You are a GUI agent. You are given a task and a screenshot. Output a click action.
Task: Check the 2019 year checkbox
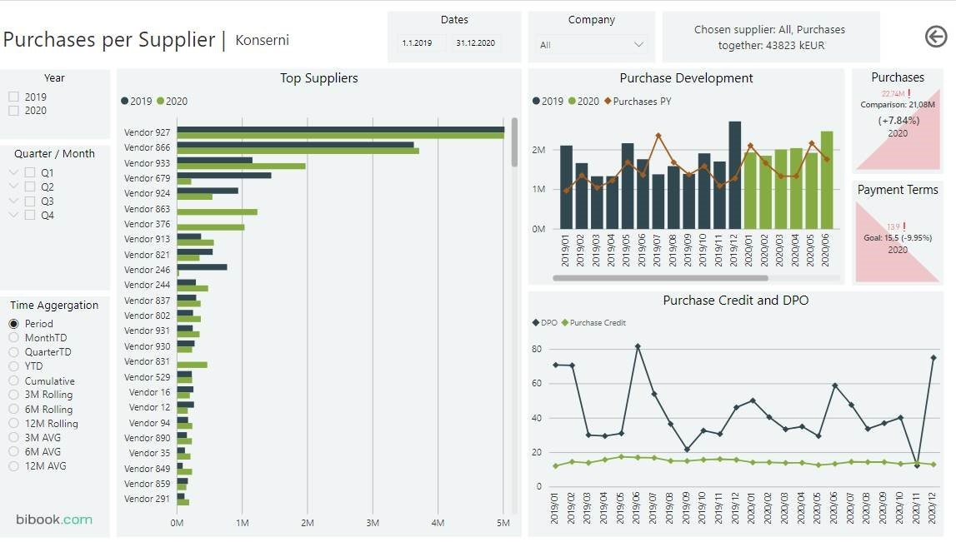(x=13, y=97)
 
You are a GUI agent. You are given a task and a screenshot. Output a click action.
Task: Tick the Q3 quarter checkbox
(x=30, y=201)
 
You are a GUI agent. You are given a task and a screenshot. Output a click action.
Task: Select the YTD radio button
(x=14, y=366)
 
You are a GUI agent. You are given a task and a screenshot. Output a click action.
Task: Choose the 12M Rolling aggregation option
(x=14, y=424)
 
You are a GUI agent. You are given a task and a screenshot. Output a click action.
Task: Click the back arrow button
(x=936, y=36)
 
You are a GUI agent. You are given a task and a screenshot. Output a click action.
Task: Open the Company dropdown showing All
(x=591, y=44)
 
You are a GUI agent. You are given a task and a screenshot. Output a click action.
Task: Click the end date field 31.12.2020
(x=475, y=43)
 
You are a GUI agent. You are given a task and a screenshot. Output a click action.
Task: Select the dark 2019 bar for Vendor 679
(x=223, y=175)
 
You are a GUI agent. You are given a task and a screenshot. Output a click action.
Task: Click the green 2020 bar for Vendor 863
(x=217, y=211)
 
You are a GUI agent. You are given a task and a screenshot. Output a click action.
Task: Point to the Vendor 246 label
(x=147, y=270)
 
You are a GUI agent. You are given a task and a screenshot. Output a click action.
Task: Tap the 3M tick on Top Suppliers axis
(x=373, y=523)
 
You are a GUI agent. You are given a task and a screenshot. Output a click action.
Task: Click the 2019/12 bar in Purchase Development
(x=734, y=175)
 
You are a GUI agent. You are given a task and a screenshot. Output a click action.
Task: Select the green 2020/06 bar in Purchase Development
(x=826, y=180)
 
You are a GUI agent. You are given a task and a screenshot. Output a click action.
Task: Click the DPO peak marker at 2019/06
(x=638, y=346)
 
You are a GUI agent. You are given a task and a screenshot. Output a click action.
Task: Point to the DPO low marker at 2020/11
(x=918, y=465)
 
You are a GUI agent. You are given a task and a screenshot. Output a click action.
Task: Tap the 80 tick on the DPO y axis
(x=537, y=349)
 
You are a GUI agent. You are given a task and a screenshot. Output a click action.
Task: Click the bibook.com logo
(x=53, y=520)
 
